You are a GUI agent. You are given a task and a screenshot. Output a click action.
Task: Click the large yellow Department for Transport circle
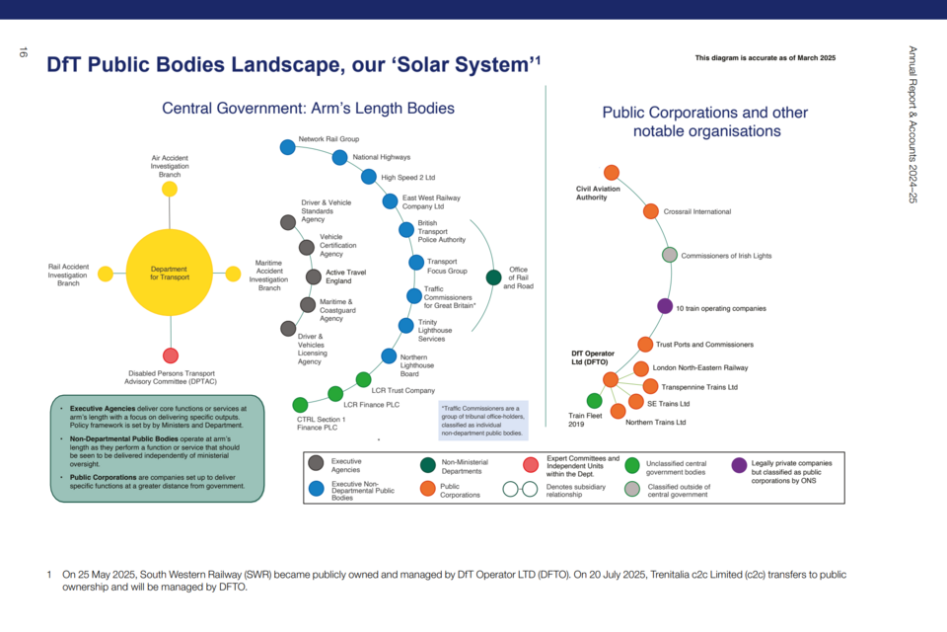[x=170, y=273]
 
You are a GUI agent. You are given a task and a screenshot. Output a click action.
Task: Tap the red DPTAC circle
[x=171, y=355]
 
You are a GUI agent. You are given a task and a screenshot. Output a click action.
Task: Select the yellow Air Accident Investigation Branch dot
[x=170, y=190]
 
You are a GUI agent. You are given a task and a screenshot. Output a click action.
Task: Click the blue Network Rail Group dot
[x=288, y=146]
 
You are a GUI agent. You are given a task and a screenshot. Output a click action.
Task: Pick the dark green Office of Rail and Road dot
[x=493, y=277]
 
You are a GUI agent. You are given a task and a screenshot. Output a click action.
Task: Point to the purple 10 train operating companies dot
[x=665, y=306]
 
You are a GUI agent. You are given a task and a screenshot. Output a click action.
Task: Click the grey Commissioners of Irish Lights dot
[x=670, y=255]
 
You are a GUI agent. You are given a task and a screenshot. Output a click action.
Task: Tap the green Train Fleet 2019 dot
[x=594, y=400]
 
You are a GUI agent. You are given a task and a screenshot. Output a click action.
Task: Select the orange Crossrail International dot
[x=651, y=211]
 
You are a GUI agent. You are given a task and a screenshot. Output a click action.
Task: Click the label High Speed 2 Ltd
[x=408, y=177]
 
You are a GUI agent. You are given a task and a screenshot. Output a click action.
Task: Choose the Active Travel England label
[x=346, y=276]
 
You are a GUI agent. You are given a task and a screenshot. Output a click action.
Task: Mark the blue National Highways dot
[x=340, y=157]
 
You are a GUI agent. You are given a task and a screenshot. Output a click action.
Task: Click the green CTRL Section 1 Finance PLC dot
[x=300, y=404]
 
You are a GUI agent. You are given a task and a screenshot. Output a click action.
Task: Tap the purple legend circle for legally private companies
[x=739, y=465]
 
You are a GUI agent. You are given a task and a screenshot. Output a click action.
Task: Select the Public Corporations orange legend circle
[x=428, y=488]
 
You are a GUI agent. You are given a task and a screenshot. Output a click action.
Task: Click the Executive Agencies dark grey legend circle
[x=316, y=463]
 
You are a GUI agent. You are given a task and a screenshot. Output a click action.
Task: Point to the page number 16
[x=23, y=52]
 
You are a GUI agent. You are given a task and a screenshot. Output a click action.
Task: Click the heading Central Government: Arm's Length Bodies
[x=308, y=109]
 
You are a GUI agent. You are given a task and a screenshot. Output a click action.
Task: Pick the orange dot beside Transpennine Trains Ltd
[x=650, y=386]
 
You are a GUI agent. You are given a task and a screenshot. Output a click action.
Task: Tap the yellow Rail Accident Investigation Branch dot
[x=106, y=274]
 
